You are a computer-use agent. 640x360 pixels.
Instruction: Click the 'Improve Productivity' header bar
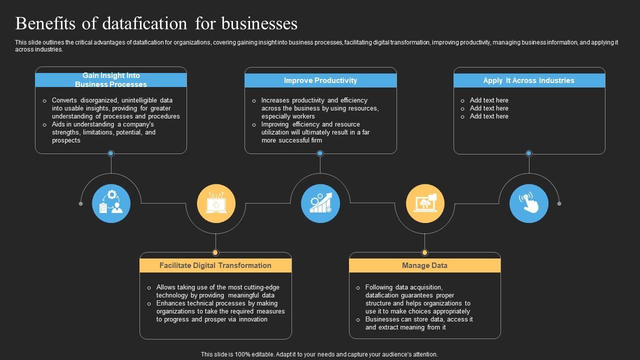[320, 80]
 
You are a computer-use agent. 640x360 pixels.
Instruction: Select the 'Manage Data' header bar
[424, 265]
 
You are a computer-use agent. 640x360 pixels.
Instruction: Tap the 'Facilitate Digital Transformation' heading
[215, 265]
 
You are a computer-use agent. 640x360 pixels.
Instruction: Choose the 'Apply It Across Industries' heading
[528, 80]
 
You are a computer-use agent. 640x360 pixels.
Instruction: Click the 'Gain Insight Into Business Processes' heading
[111, 80]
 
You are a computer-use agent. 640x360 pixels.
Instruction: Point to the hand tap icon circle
[529, 203]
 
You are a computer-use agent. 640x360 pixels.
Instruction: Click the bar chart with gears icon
[320, 203]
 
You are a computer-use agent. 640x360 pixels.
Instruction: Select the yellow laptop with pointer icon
[216, 203]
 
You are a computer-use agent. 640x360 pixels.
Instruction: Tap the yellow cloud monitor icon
[425, 203]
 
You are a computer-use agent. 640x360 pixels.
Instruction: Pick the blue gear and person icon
[111, 203]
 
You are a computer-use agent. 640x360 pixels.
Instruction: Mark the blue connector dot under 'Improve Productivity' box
[320, 153]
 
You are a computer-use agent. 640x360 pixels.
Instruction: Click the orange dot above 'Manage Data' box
[425, 252]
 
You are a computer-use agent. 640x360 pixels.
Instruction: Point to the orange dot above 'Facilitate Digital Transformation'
[216, 252]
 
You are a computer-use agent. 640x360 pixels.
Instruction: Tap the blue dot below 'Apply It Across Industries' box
[529, 153]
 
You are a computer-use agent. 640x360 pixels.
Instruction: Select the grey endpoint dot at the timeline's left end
[81, 203]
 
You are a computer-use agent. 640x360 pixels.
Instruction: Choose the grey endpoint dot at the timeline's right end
[559, 203]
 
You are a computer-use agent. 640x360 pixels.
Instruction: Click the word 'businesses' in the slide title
[259, 23]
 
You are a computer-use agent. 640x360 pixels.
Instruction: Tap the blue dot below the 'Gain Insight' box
[111, 153]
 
